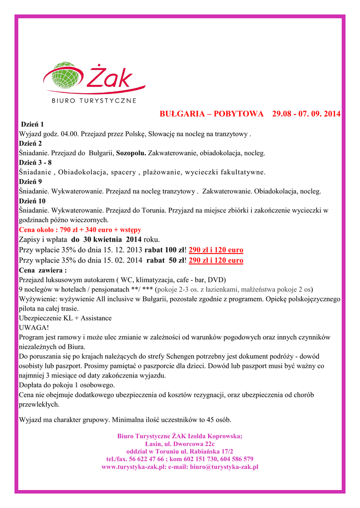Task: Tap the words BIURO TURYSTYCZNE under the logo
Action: pos(94,101)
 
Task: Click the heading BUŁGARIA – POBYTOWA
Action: pos(211,114)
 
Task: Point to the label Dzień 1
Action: pos(32,125)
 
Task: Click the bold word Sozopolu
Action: pos(131,153)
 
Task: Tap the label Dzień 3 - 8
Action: pos(35,163)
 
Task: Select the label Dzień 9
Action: pos(30,182)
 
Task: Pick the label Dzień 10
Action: pos(32,201)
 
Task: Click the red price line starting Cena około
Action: pos(80,230)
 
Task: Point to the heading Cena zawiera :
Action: pos(43,270)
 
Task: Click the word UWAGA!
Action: pos(34,328)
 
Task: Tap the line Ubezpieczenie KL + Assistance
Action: pos(65,318)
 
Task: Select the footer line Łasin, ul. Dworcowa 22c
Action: pos(180,444)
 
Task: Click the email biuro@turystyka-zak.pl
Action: pos(224,467)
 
